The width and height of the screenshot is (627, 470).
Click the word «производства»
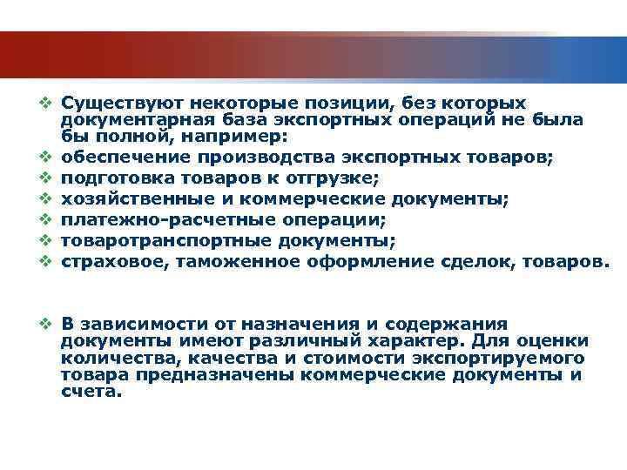coord(259,158)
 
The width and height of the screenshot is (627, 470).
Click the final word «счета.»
coord(92,391)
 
